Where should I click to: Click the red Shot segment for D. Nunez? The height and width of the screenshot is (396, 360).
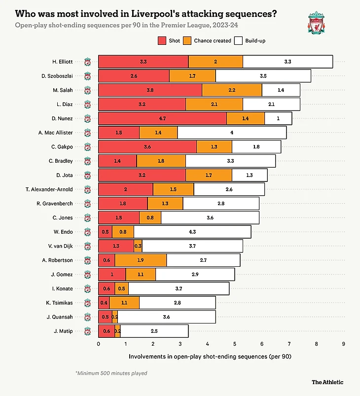(x=162, y=118)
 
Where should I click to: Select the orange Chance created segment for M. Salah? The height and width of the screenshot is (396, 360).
(x=232, y=90)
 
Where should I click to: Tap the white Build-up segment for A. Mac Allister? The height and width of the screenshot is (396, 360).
(x=232, y=133)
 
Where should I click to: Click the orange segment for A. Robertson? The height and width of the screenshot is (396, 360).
(x=141, y=260)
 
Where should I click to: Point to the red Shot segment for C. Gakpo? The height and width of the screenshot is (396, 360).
(x=147, y=147)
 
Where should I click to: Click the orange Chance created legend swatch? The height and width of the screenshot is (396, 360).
(x=187, y=40)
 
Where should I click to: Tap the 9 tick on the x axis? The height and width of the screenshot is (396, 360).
(x=343, y=344)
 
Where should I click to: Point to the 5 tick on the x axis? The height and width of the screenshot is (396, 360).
(x=234, y=344)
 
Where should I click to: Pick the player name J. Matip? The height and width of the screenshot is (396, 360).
(x=63, y=331)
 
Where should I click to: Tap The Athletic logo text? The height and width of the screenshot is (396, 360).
(x=327, y=382)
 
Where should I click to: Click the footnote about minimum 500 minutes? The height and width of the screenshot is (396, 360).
(x=111, y=373)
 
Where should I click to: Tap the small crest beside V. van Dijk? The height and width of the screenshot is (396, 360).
(x=88, y=246)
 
